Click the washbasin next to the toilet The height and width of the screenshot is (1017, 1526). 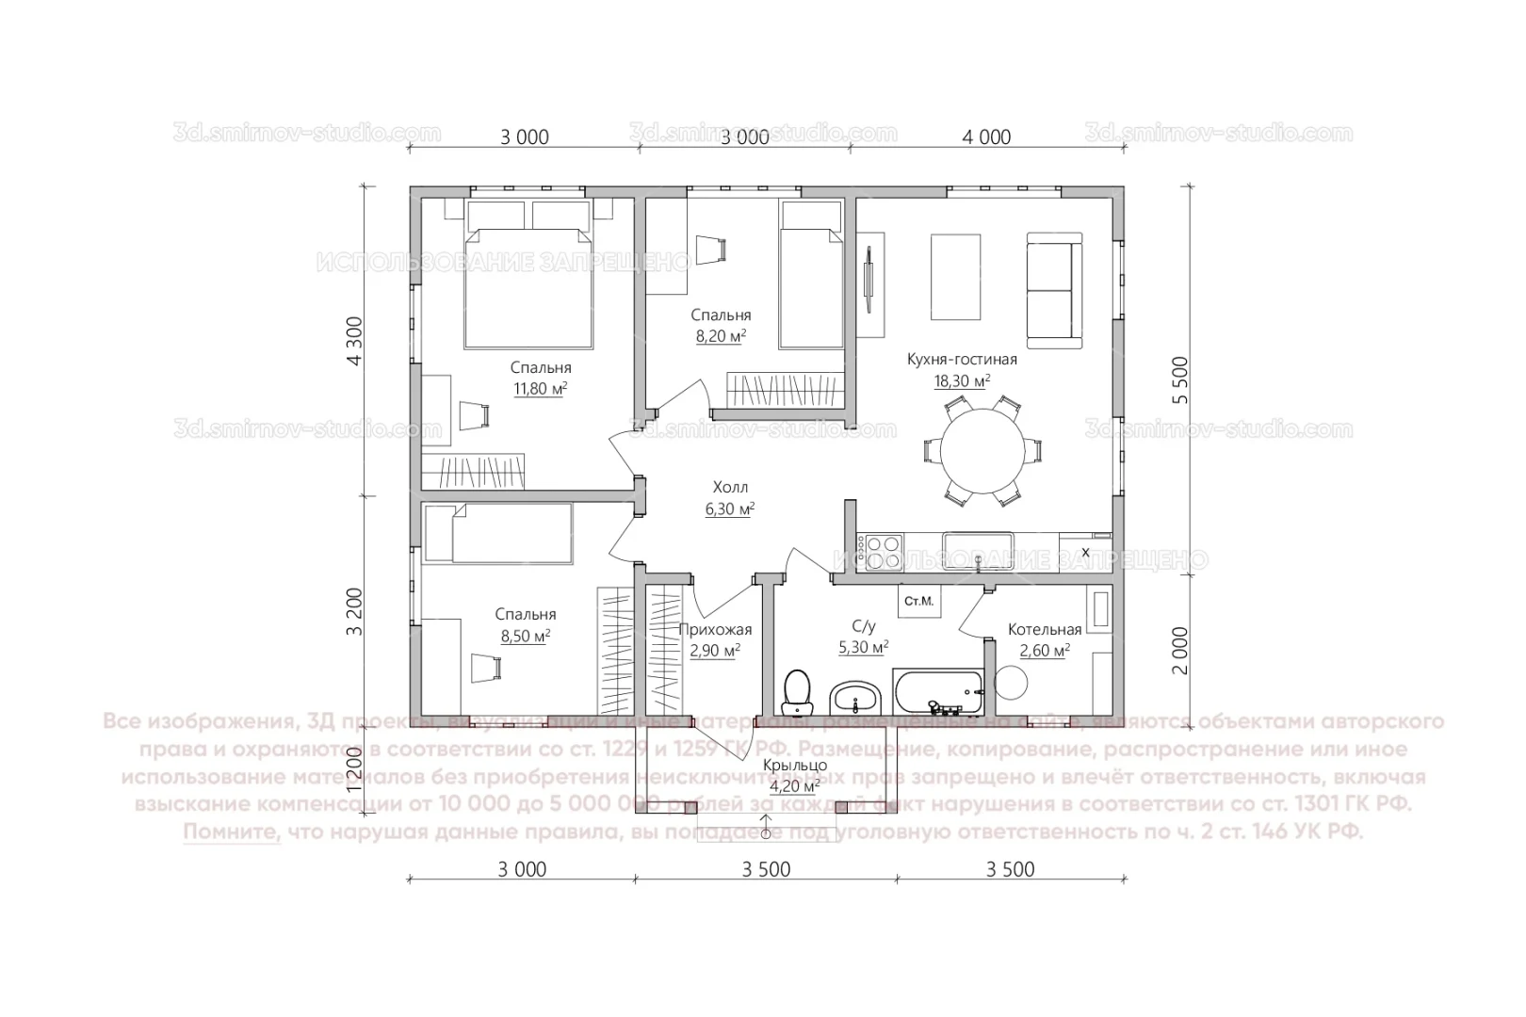click(855, 699)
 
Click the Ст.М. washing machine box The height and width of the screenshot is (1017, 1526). click(918, 601)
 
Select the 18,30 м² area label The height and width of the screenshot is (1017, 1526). click(962, 381)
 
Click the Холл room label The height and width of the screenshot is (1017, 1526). click(730, 487)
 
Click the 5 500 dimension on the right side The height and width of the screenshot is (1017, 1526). click(1180, 380)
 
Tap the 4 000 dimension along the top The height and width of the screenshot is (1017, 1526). click(986, 137)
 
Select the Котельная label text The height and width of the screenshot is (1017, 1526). click(1044, 629)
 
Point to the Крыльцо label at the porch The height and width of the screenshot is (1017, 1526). click(794, 766)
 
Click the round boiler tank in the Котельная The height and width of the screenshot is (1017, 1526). click(1014, 683)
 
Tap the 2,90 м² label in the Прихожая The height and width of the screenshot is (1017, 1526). click(715, 651)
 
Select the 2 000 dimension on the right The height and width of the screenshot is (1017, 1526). click(1180, 651)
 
